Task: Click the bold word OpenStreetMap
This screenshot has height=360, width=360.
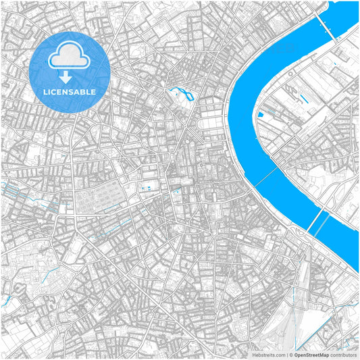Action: pos(310,354)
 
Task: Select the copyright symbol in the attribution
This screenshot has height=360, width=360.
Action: pos(290,354)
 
